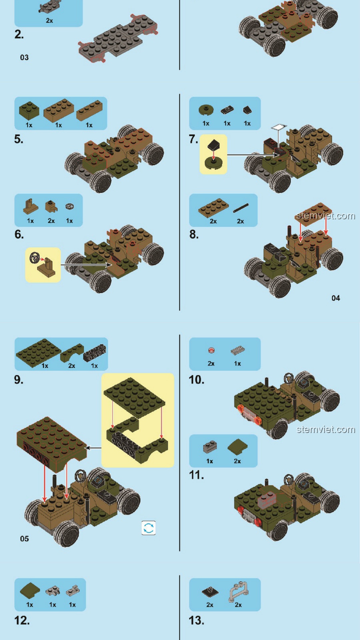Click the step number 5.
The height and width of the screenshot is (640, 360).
click(x=19, y=139)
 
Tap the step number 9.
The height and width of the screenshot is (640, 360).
click(x=19, y=380)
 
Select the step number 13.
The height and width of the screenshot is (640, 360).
click(x=196, y=620)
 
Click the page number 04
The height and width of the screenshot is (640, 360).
click(x=336, y=298)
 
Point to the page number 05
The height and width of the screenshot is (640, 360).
click(x=24, y=539)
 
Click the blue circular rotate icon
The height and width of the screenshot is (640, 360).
click(x=149, y=528)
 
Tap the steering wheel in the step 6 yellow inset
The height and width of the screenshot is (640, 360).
click(x=34, y=258)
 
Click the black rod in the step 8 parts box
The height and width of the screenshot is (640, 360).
click(x=241, y=208)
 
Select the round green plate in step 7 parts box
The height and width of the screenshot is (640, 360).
click(x=206, y=110)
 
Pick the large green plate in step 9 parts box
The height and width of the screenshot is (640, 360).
click(x=38, y=353)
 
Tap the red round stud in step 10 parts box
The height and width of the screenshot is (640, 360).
click(x=211, y=350)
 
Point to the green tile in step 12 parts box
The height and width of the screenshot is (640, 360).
click(x=30, y=591)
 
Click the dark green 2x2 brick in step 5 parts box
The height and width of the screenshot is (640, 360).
click(x=29, y=111)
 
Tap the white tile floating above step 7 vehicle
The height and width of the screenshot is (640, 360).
click(x=279, y=127)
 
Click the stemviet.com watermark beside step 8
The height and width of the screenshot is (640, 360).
click(x=326, y=216)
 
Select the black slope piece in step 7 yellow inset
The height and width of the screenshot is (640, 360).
click(x=213, y=145)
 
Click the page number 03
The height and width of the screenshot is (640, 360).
click(x=24, y=57)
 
